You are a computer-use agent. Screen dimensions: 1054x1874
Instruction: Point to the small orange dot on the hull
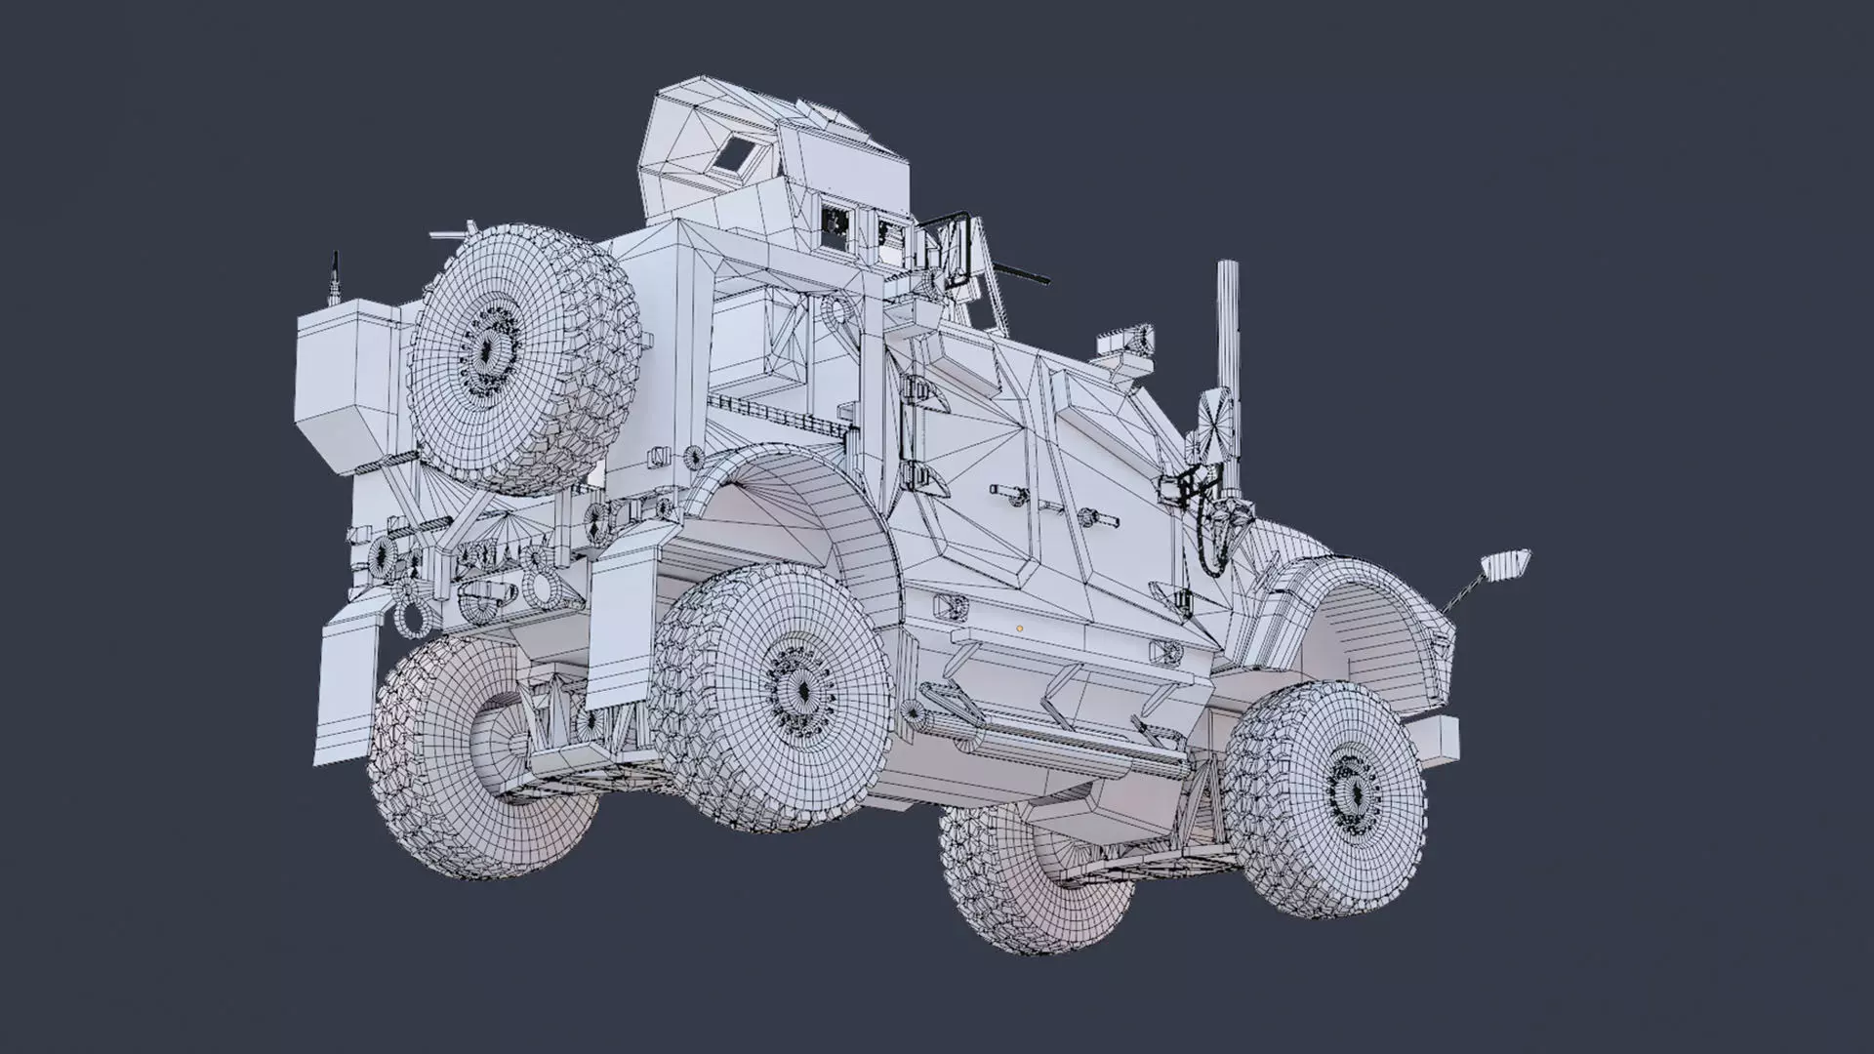point(1019,629)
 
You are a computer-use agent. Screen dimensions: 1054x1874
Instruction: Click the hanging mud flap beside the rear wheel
point(622,625)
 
